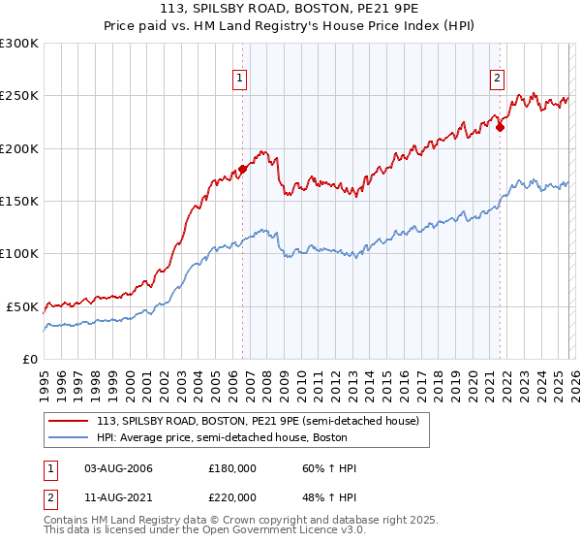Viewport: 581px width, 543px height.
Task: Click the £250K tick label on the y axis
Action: (19, 96)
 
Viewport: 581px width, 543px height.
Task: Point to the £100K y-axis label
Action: (19, 254)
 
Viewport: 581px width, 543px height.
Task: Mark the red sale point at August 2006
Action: (242, 170)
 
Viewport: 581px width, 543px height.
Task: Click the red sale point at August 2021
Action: (500, 127)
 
